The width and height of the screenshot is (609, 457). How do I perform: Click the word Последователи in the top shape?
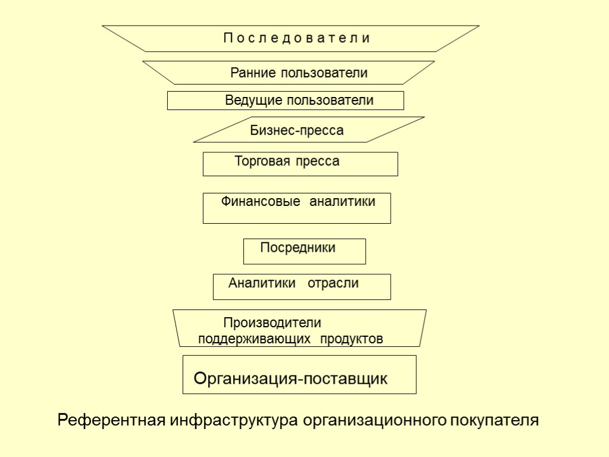[x=297, y=39]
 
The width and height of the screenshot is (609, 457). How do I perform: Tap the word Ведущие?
[x=253, y=101]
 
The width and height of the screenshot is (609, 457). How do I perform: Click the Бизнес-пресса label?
[x=297, y=131]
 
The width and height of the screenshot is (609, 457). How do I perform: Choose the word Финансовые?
[x=260, y=202]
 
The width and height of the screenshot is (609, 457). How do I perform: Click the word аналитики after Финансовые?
[x=342, y=202]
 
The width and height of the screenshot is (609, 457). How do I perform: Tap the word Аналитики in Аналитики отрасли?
[x=262, y=283]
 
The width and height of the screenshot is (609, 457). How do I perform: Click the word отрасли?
[x=333, y=283]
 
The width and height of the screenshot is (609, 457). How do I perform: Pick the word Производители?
[x=272, y=323]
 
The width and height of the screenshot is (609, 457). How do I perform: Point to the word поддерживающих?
[x=255, y=339]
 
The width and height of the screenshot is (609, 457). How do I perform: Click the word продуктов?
[x=351, y=339]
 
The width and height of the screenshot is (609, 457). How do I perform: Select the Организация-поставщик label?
[x=291, y=378]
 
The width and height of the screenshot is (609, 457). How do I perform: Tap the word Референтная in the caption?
[x=111, y=421]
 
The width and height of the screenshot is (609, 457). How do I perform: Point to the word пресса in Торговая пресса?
[x=320, y=161]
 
